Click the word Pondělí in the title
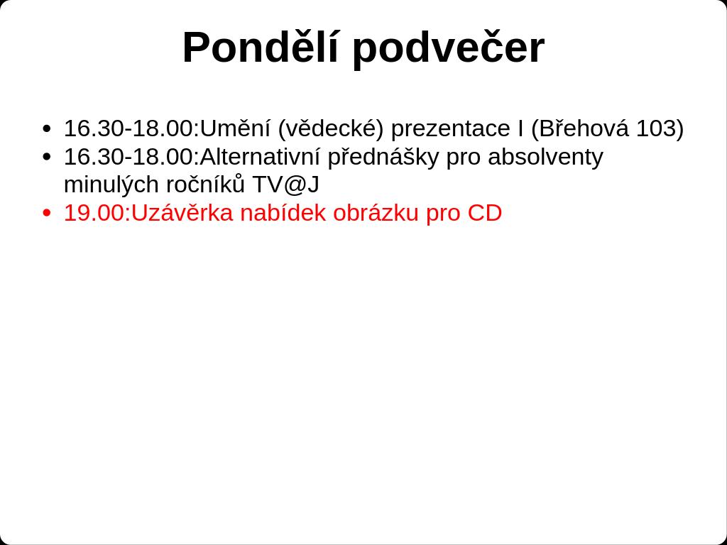[x=261, y=48]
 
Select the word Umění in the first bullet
[x=235, y=128]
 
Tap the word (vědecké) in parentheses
[x=331, y=129]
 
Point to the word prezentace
[x=452, y=129]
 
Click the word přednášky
[x=383, y=158]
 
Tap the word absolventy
[x=545, y=158]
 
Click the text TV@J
[x=285, y=185]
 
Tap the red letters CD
[x=484, y=213]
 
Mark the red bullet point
[x=46, y=213]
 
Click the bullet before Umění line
[x=46, y=128]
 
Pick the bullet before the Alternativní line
[x=46, y=157]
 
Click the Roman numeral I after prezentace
[x=521, y=128]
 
